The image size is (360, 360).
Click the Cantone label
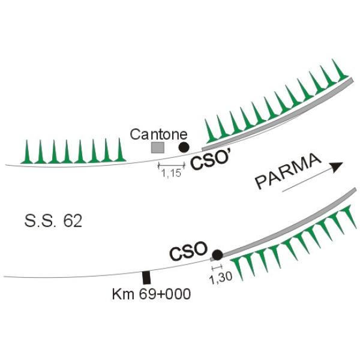pos(158,134)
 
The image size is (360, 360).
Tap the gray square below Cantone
pos(157,148)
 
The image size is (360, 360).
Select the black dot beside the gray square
pos(184,147)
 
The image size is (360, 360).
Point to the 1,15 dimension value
pos(171,173)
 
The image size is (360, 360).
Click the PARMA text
pos(288,171)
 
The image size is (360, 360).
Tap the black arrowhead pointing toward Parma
pos(336,166)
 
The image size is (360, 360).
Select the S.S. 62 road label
pos(53,221)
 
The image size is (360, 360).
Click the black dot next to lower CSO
pos(217,255)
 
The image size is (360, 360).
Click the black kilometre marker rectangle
pos(146,278)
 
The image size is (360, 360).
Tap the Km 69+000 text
pos(151,294)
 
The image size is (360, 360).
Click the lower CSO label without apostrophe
pos(188,250)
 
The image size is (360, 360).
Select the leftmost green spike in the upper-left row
pos(27,152)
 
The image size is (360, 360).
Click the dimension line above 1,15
pos(171,165)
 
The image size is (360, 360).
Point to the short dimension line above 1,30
pos(217,267)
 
